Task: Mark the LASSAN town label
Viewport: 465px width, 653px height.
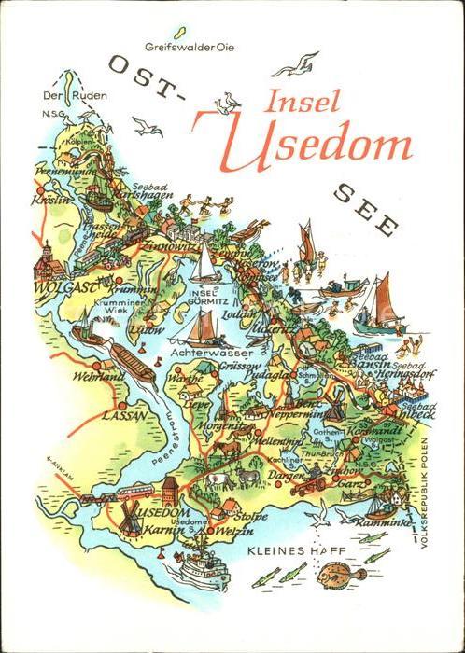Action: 123,416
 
